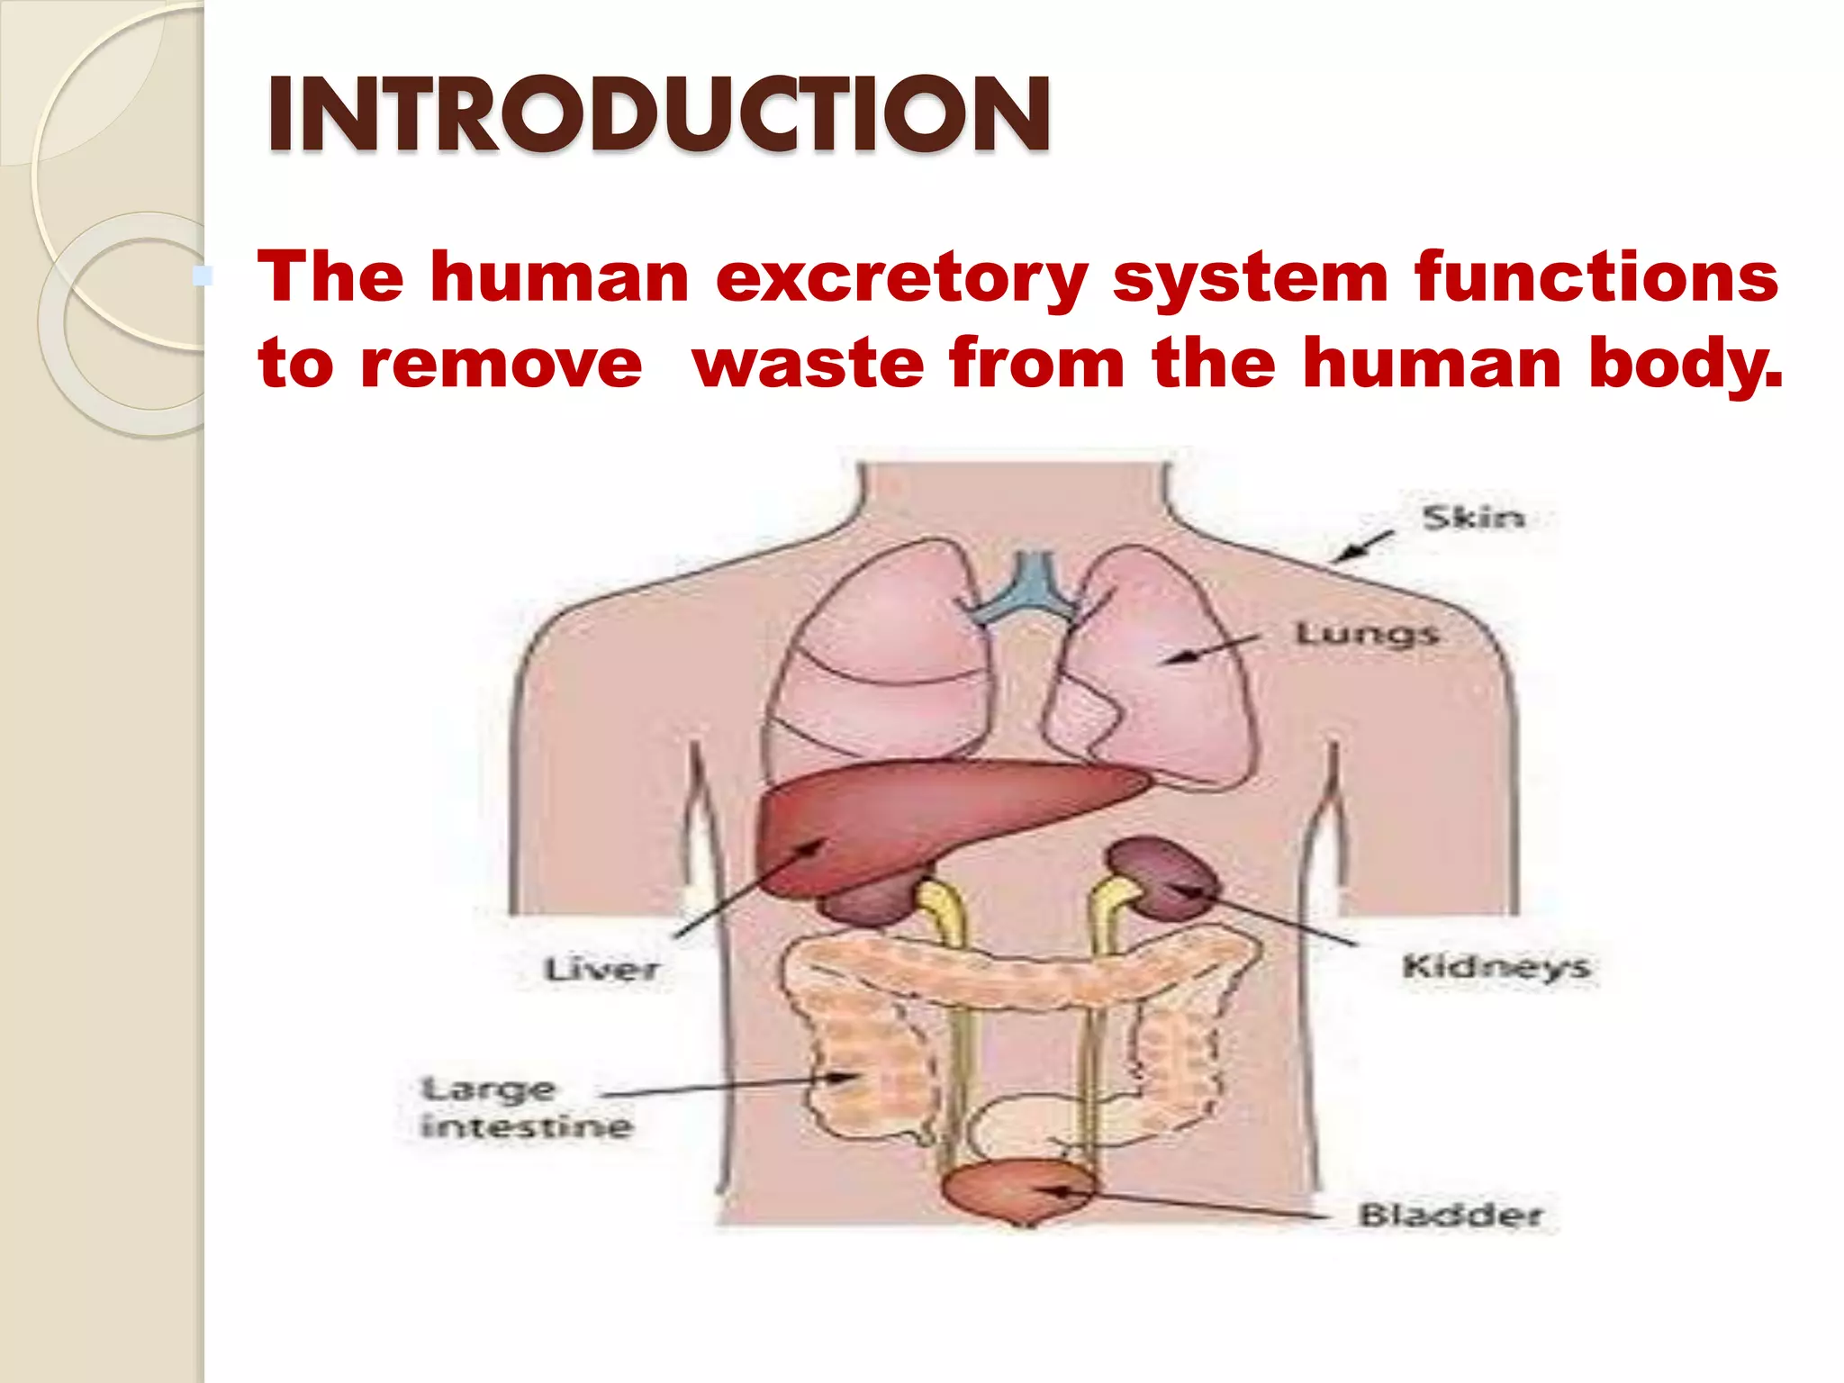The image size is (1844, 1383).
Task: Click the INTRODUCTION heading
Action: tap(658, 114)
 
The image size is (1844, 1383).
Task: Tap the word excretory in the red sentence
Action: tap(901, 277)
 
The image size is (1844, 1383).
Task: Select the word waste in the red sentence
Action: tap(809, 363)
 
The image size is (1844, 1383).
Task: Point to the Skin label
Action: tap(1473, 518)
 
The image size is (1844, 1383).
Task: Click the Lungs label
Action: tap(1366, 635)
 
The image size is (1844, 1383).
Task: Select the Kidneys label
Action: tap(1496, 967)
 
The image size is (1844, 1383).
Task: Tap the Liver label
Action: tap(601, 970)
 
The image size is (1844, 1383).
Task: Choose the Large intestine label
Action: tap(526, 1108)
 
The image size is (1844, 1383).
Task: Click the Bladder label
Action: tap(1450, 1215)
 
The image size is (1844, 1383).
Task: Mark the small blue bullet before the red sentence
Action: tap(203, 276)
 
